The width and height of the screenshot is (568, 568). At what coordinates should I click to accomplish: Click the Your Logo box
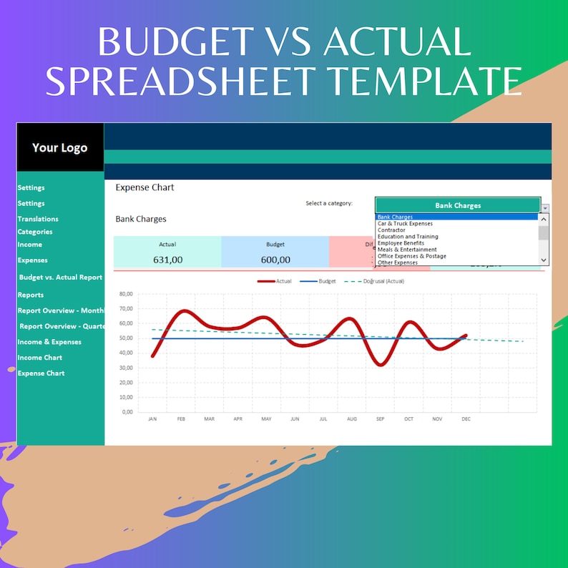pos(60,148)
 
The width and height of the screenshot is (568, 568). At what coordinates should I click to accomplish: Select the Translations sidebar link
pos(38,219)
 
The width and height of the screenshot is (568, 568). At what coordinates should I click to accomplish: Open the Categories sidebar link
pos(35,232)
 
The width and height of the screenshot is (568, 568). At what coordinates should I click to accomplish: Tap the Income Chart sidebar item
pos(40,358)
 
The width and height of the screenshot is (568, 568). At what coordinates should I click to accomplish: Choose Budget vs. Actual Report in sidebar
pos(61,277)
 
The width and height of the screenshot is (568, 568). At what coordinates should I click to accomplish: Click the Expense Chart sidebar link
pos(41,373)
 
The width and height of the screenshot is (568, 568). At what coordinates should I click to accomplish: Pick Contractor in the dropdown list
pos(391,230)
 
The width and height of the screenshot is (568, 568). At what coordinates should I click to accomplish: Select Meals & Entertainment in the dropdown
pos(407,250)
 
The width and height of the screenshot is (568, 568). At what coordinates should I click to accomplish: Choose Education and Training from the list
pos(408,237)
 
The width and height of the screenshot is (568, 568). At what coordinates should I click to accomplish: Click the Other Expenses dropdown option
pos(398,263)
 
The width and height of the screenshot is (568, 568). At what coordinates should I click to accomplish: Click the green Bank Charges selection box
pos(458,205)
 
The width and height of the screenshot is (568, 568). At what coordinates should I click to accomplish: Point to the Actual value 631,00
pos(167,260)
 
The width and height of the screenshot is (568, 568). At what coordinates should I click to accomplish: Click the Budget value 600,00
pos(275,260)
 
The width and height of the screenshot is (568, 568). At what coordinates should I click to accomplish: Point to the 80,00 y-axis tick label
pos(126,294)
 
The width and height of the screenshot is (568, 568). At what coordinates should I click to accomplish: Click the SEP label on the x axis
pos(380,419)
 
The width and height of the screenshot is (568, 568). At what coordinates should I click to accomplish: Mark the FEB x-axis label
pos(180,419)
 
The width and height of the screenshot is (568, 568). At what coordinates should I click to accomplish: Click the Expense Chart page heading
pos(145,187)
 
